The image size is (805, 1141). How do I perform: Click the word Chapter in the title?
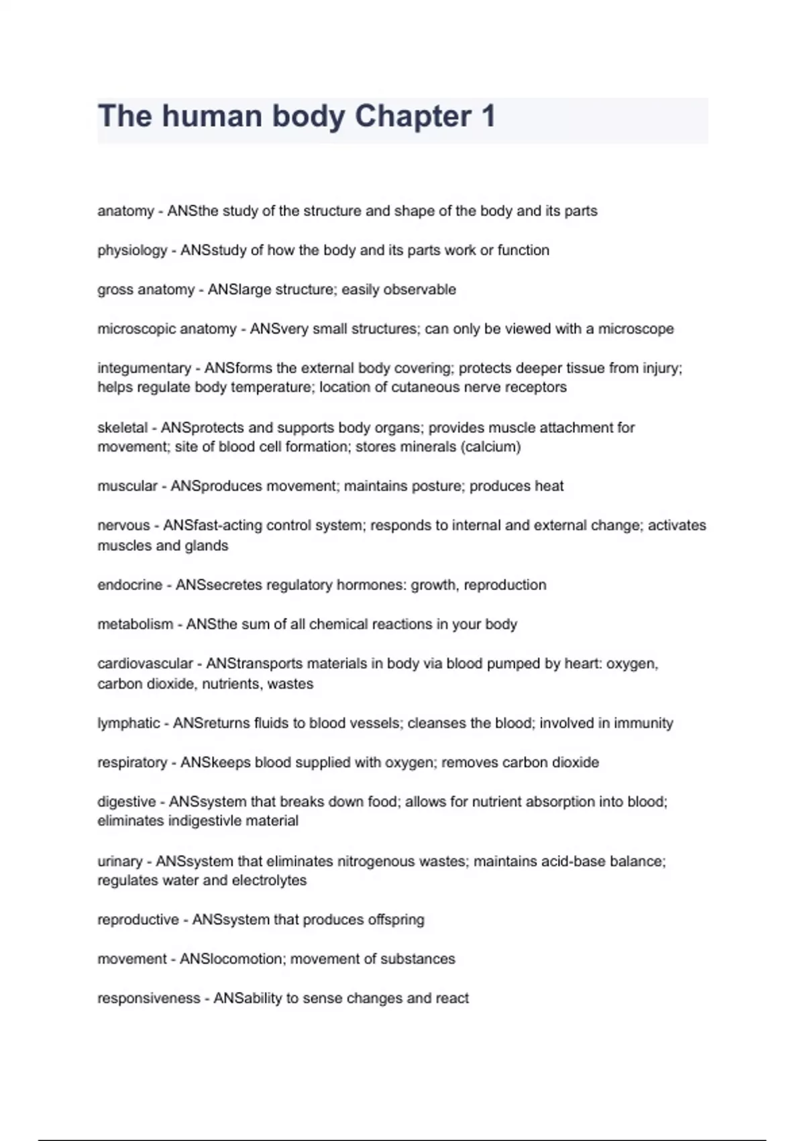point(413,116)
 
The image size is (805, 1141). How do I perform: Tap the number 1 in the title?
point(488,116)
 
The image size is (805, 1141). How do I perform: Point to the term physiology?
point(132,250)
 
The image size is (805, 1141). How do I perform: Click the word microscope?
point(636,329)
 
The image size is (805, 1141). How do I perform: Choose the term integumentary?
point(144,368)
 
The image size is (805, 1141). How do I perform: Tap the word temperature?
point(272,387)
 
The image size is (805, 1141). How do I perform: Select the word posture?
point(435,486)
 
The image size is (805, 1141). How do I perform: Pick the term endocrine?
point(129,585)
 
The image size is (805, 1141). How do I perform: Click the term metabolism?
point(135,624)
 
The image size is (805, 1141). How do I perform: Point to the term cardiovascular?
point(145,664)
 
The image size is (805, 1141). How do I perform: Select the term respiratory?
point(132,762)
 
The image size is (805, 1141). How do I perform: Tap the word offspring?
point(396,920)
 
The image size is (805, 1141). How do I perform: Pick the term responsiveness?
point(149,999)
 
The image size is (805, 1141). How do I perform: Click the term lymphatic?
point(129,724)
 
